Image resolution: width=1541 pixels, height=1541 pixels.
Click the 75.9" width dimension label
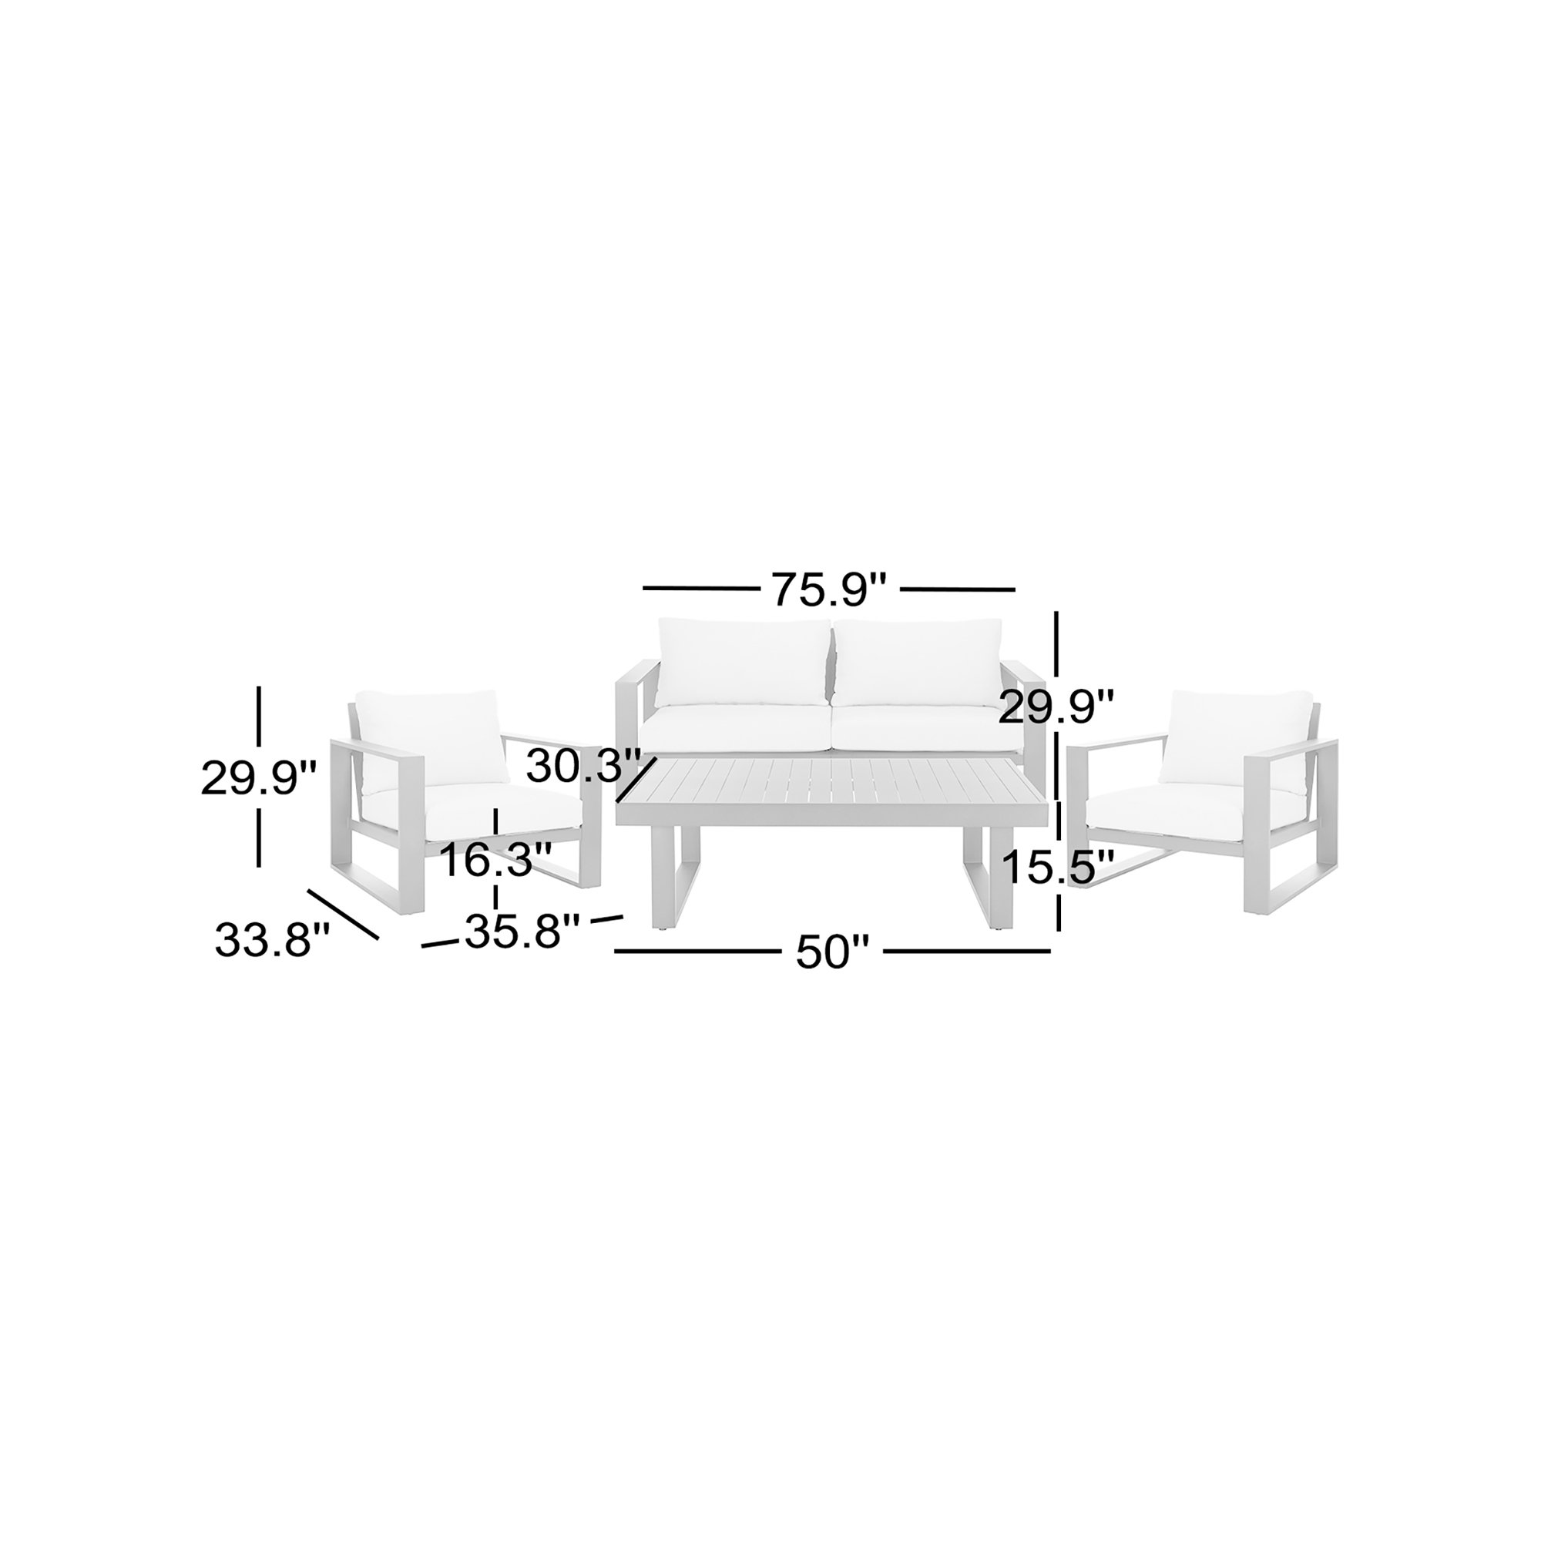coord(829,589)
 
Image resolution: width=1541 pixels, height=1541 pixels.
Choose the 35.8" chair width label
coord(522,931)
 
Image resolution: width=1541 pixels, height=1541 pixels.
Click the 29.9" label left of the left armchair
coord(259,777)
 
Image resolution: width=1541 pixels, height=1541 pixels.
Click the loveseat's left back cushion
coord(744,661)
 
